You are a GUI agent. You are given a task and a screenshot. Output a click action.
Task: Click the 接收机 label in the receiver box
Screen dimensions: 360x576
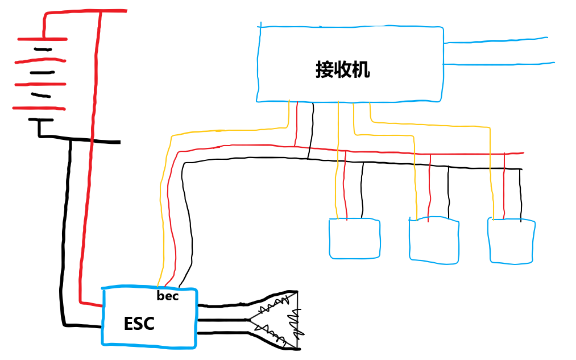(x=342, y=69)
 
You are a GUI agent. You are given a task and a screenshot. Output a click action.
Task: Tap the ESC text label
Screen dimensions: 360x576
(x=139, y=324)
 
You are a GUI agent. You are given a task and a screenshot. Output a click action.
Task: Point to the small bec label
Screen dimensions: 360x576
(x=167, y=296)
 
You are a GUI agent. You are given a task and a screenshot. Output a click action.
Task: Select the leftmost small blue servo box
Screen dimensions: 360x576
(x=354, y=239)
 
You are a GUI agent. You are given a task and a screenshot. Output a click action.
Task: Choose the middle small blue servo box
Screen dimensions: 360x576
(x=433, y=241)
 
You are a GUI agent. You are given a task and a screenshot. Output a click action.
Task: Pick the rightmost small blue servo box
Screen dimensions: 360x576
(x=511, y=241)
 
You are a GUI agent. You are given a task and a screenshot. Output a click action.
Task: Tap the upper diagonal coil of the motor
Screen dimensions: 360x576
(x=271, y=308)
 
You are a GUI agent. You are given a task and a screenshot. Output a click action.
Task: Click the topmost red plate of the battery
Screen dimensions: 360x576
(x=42, y=39)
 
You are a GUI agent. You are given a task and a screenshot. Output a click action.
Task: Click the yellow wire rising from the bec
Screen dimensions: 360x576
(x=163, y=227)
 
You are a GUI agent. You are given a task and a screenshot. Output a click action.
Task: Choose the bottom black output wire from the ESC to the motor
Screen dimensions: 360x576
(x=222, y=333)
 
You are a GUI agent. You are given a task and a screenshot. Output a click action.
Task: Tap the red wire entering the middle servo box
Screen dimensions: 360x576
(x=430, y=188)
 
